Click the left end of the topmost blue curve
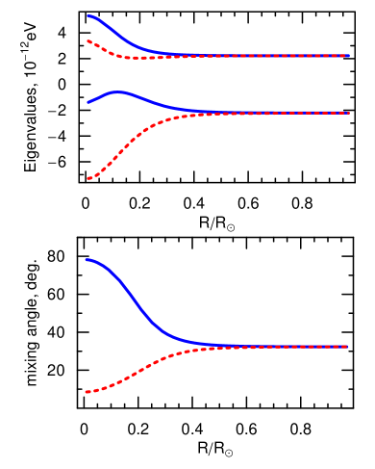pos(87,15)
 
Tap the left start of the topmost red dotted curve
pos(87,40)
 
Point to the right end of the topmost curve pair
pos(348,56)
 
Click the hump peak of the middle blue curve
pos(118,91)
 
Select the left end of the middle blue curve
pos(87,101)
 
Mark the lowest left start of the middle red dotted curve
pos(87,178)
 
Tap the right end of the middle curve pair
pos(348,113)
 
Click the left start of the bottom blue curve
pos(87,259)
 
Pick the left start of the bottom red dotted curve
pos(87,392)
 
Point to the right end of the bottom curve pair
pos(348,346)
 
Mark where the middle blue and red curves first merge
pos(207,113)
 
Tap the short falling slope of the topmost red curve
pos(104,49)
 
